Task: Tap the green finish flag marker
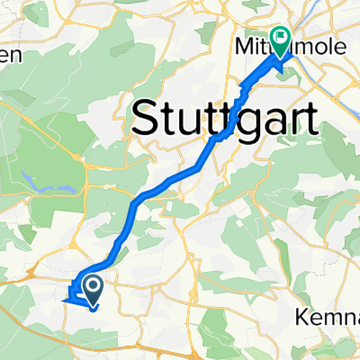coord(280,41)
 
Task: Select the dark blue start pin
coord(92,289)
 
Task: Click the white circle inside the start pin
coord(92,285)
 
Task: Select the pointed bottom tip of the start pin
coord(92,301)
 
